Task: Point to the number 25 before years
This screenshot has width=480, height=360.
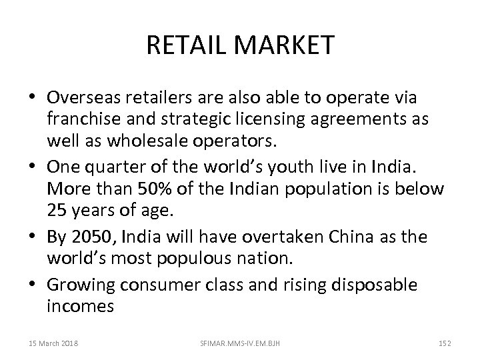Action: point(57,211)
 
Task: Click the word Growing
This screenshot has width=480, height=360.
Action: point(81,285)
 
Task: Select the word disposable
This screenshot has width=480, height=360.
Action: point(375,285)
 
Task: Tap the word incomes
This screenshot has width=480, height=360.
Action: point(81,307)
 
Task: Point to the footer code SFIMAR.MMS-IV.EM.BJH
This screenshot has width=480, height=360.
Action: point(238,342)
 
